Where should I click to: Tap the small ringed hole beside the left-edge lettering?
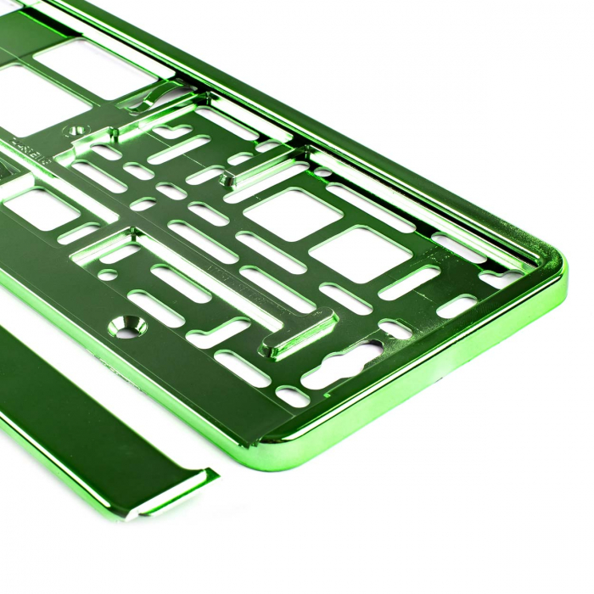point(81,132)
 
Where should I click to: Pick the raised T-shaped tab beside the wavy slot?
point(297,335)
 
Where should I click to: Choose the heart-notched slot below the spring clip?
point(170,132)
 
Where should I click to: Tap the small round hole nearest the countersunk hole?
point(107,275)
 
